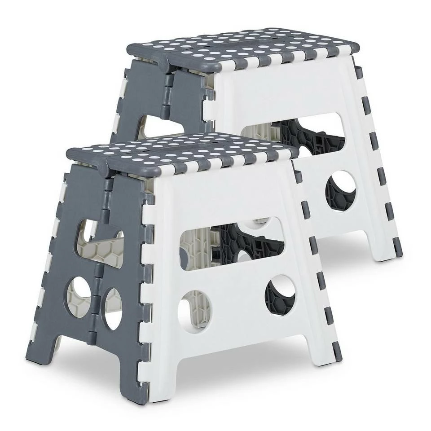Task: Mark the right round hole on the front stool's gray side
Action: [x=112, y=308]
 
